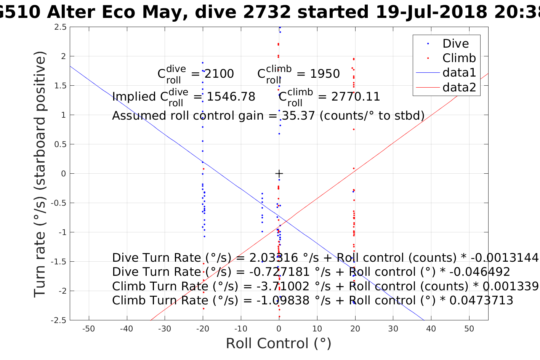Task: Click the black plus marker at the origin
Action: [279, 173]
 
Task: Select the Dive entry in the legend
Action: [455, 43]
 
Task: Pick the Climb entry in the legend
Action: [459, 58]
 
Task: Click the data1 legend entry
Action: [459, 72]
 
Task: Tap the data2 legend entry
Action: [459, 87]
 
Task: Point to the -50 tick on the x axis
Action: [89, 329]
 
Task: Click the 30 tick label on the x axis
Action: [393, 329]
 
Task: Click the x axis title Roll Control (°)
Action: [279, 344]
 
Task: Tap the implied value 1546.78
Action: [231, 96]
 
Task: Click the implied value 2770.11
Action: [356, 96]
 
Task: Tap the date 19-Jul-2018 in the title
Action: [431, 12]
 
